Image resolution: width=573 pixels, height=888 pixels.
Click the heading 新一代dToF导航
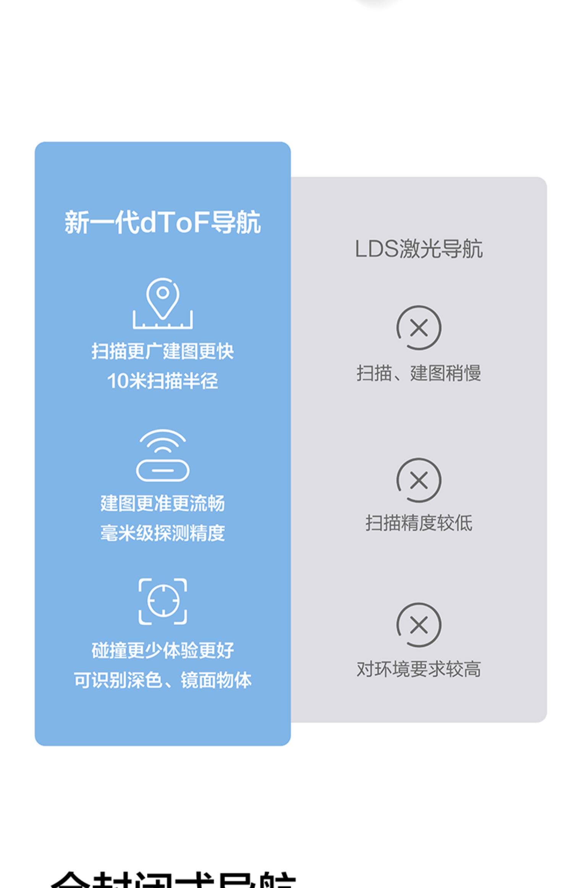pyautogui.click(x=162, y=222)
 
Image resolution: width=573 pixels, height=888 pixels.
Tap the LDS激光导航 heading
pyautogui.click(x=418, y=249)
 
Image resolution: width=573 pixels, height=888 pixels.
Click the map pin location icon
pyautogui.click(x=163, y=303)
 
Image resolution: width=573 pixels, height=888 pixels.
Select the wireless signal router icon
pyautogui.click(x=163, y=455)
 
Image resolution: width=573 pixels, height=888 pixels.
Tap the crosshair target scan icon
pyautogui.click(x=163, y=602)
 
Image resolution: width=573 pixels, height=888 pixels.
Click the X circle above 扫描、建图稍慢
pyautogui.click(x=419, y=328)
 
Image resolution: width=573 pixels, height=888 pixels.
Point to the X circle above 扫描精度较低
pyautogui.click(x=419, y=480)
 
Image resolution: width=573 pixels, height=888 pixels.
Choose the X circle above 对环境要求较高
pyautogui.click(x=419, y=625)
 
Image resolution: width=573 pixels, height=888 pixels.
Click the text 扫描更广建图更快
pyautogui.click(x=162, y=351)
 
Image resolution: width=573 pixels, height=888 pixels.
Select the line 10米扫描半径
pyautogui.click(x=162, y=381)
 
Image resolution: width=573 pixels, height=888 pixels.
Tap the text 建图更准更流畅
pyautogui.click(x=162, y=503)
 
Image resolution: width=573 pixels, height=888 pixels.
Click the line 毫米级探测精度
pyautogui.click(x=162, y=533)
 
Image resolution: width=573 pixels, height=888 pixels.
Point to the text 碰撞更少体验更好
pyautogui.click(x=162, y=651)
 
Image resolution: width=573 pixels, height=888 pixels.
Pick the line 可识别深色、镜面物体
pyautogui.click(x=162, y=680)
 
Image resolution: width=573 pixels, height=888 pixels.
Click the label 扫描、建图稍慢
pyautogui.click(x=418, y=373)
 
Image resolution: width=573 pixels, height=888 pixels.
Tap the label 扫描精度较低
pyautogui.click(x=418, y=523)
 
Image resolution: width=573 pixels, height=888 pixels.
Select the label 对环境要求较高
pyautogui.click(x=418, y=669)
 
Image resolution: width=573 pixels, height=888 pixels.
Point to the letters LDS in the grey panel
pyautogui.click(x=377, y=249)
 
